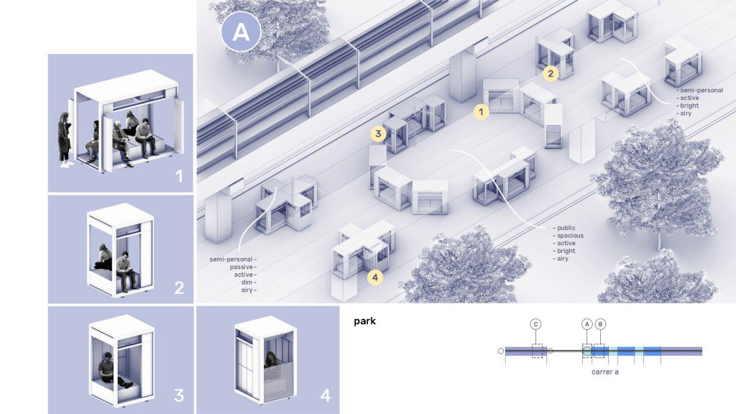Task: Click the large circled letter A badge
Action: [241, 32]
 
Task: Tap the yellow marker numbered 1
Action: [481, 111]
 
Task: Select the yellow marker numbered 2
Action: [551, 73]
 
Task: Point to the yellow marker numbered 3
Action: [378, 134]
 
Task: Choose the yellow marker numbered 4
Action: [375, 277]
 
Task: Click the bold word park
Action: [364, 321]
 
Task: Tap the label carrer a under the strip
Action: [605, 372]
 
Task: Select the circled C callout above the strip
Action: [535, 324]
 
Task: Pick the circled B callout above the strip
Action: [600, 324]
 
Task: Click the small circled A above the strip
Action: [586, 324]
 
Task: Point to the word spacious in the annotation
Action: [570, 236]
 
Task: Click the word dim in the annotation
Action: [247, 282]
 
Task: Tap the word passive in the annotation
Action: [241, 267]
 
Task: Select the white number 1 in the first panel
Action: [179, 177]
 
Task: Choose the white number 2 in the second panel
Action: [179, 287]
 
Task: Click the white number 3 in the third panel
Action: [179, 395]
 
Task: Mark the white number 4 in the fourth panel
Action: [326, 395]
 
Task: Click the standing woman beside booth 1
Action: [65, 139]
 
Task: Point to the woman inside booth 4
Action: [272, 360]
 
